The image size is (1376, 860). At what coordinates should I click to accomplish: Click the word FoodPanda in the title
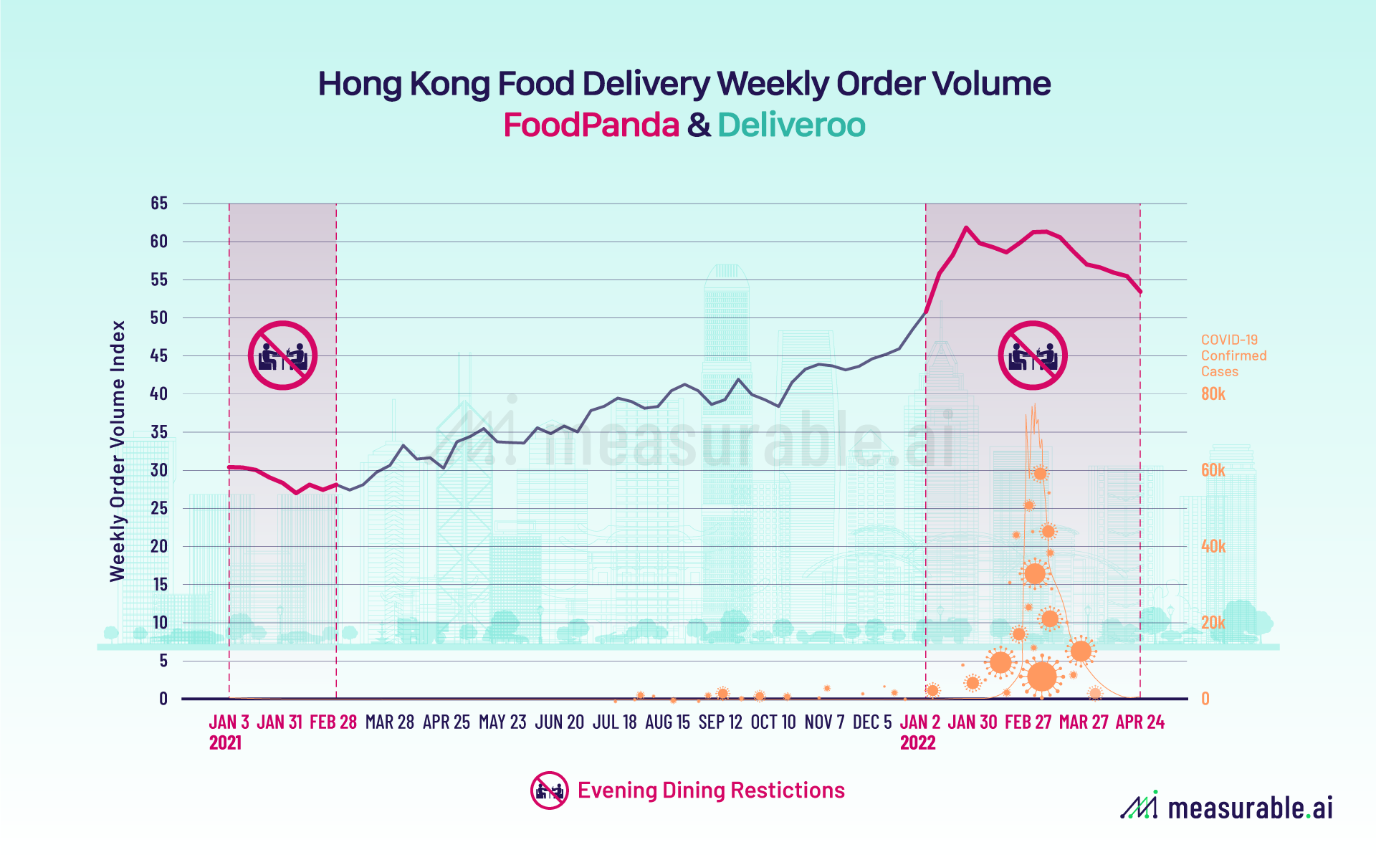pyautogui.click(x=591, y=125)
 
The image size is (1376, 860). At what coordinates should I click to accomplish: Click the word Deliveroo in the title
pyautogui.click(x=791, y=125)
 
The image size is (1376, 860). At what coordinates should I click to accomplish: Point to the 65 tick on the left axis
pyautogui.click(x=159, y=204)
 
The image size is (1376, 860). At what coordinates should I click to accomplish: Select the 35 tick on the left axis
pyautogui.click(x=159, y=432)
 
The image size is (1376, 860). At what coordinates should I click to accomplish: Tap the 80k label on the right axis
pyautogui.click(x=1213, y=394)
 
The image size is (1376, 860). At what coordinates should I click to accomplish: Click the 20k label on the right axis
pyautogui.click(x=1213, y=623)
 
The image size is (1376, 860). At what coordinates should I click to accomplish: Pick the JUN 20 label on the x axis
pyautogui.click(x=560, y=722)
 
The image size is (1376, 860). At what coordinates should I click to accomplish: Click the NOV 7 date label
pyautogui.click(x=824, y=722)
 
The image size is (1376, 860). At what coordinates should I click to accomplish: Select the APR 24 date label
pyautogui.click(x=1139, y=722)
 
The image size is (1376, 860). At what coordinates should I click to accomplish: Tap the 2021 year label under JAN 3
pyautogui.click(x=225, y=743)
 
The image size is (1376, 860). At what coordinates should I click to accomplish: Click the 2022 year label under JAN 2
pyautogui.click(x=917, y=743)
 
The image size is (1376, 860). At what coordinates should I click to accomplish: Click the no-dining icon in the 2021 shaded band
pyautogui.click(x=282, y=355)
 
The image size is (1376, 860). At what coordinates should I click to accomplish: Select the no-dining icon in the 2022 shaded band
pyautogui.click(x=1033, y=355)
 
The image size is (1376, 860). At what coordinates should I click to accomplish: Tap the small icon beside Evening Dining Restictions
pyautogui.click(x=549, y=790)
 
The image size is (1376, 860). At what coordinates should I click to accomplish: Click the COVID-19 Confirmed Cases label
pyautogui.click(x=1233, y=355)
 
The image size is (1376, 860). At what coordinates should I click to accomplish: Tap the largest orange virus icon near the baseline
pyautogui.click(x=1042, y=676)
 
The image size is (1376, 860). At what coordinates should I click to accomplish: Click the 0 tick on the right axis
pyautogui.click(x=1205, y=699)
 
